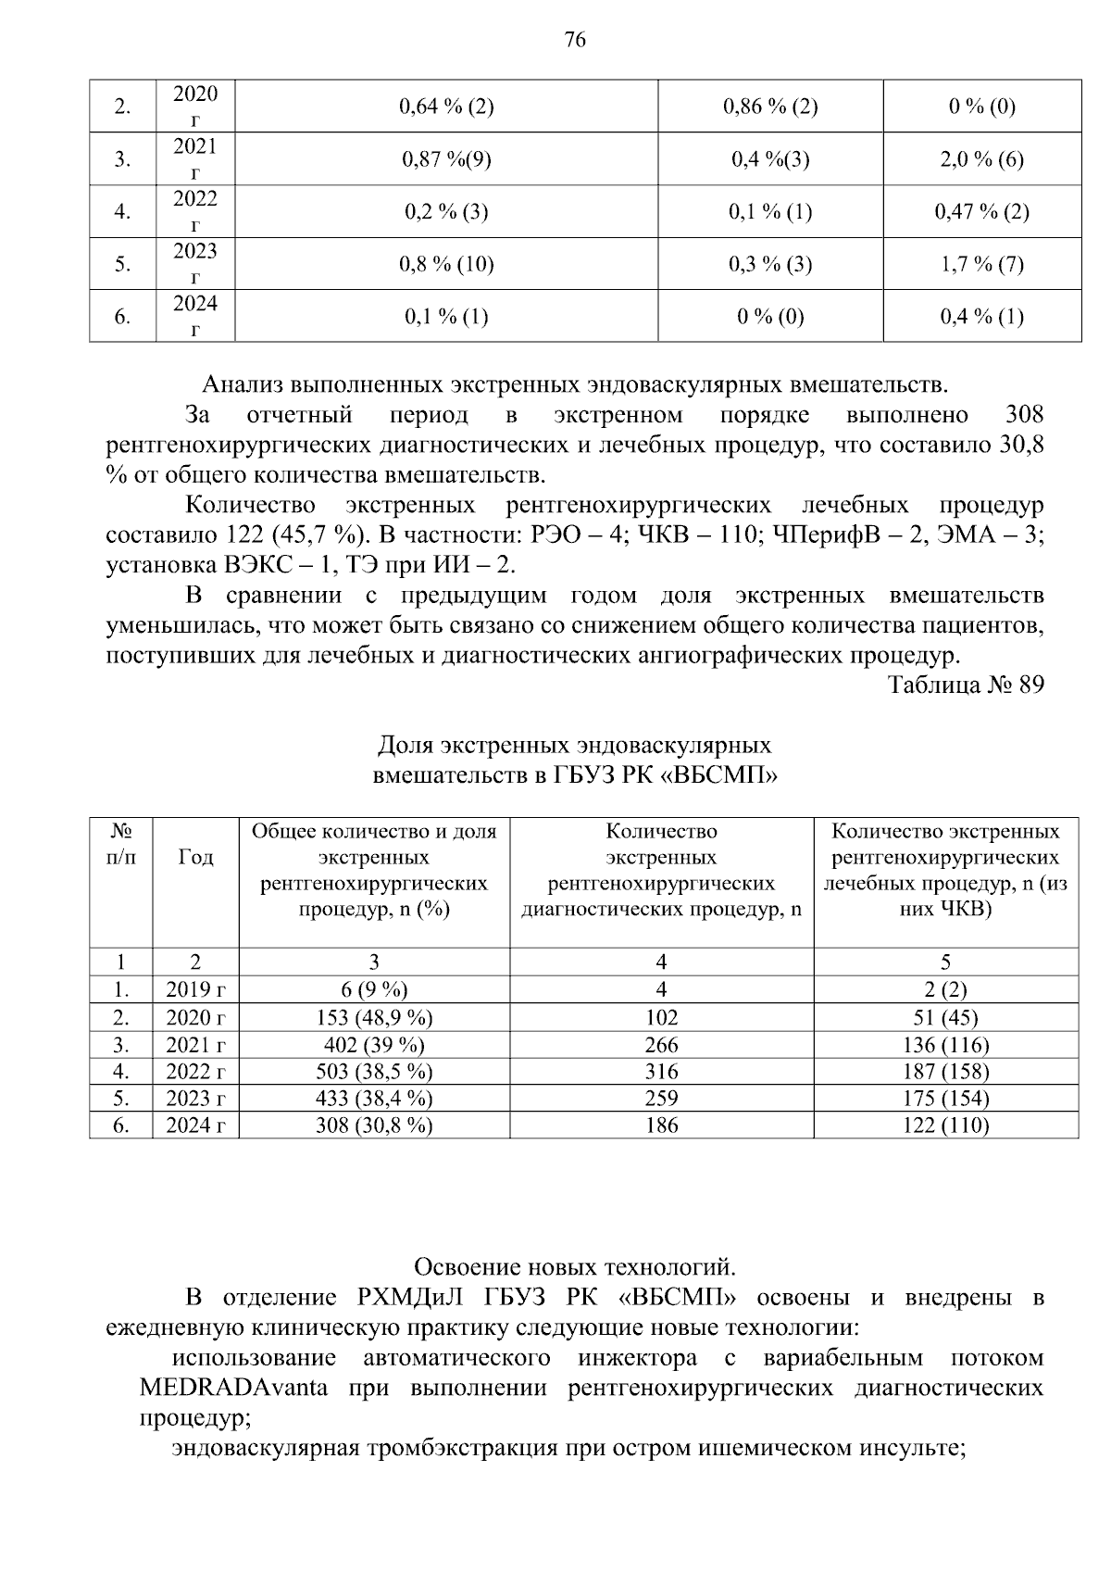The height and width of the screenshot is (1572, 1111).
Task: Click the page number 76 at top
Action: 574,40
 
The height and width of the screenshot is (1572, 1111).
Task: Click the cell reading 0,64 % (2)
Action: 446,107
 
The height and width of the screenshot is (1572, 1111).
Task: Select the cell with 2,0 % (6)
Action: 981,159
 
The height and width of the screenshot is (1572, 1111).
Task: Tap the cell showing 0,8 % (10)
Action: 446,265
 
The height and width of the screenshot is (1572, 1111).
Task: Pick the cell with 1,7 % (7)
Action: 981,265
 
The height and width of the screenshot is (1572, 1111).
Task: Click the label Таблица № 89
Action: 966,685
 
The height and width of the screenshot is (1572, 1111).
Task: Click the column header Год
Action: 195,858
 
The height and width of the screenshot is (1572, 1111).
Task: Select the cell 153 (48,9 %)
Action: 374,1017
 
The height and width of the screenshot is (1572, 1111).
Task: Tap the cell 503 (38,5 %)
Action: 374,1072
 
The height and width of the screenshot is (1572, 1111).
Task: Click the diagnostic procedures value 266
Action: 661,1045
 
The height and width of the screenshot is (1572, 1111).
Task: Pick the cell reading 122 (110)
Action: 945,1126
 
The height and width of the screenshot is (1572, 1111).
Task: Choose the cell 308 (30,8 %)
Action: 374,1126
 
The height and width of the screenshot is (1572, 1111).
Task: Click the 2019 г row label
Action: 195,990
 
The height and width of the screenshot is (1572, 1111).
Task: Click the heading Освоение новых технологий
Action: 574,1266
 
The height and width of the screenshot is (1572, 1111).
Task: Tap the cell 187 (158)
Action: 945,1072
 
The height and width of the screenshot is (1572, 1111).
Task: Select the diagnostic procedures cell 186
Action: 661,1126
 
